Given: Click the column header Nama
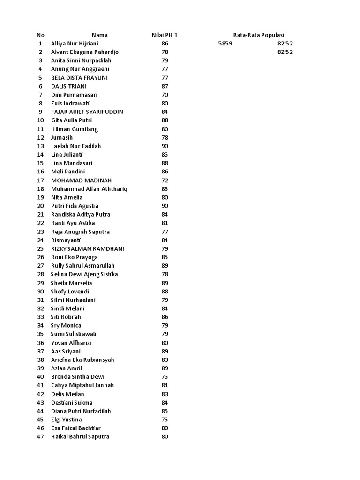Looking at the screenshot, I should (x=99, y=35).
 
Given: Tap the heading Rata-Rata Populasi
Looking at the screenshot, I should (x=259, y=35).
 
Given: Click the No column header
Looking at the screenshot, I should (x=40, y=35).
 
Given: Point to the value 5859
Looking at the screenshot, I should (x=225, y=44).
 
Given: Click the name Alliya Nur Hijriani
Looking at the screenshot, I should (x=75, y=44).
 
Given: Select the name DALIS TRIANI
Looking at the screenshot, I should (x=68, y=86).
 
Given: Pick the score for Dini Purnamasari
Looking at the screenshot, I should (x=165, y=95).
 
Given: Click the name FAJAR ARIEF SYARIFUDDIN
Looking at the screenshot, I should (x=87, y=112).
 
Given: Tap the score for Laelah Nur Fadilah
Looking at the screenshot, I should (x=165, y=146).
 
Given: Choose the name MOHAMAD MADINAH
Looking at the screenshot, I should (x=82, y=180).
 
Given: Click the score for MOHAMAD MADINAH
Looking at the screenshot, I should (x=165, y=180).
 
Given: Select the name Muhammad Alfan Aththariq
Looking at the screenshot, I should (x=89, y=189).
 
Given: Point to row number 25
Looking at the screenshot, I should (x=40, y=248).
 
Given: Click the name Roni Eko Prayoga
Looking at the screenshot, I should (x=75, y=257).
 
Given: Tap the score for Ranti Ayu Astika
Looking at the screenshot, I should (x=165, y=223).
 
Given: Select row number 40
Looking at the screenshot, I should (x=40, y=377).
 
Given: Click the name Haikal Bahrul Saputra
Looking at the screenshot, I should (x=80, y=437).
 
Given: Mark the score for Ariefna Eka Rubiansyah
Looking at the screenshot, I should (x=165, y=360).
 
